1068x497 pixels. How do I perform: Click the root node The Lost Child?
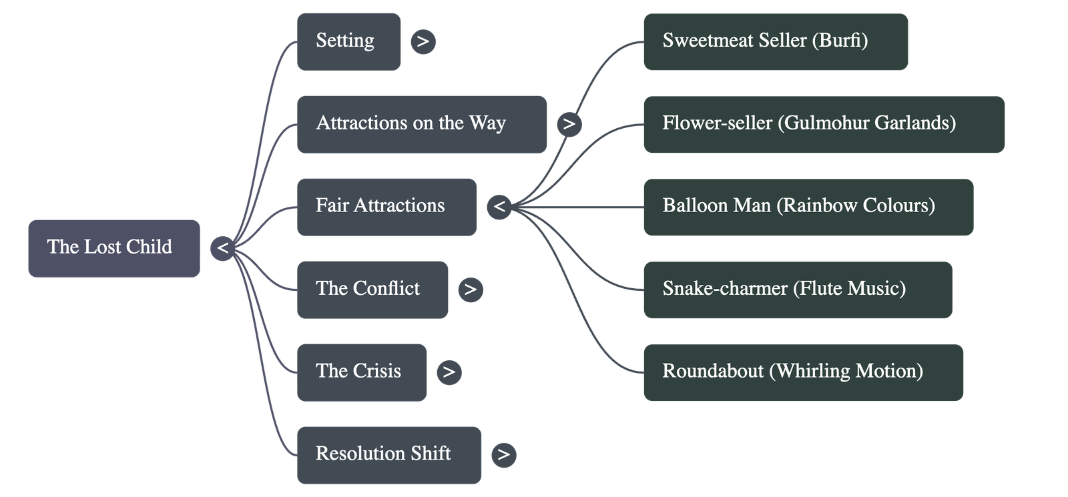(x=113, y=248)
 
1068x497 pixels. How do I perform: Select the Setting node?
(x=348, y=41)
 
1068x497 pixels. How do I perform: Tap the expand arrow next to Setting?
(x=423, y=41)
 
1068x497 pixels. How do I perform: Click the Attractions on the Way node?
(x=421, y=124)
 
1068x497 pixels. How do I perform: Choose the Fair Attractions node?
(x=386, y=206)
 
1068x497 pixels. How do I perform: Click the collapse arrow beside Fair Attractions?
(x=499, y=207)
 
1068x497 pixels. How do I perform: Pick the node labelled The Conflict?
(x=372, y=289)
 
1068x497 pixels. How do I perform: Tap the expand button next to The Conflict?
(x=471, y=289)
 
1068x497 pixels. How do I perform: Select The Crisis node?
(x=361, y=372)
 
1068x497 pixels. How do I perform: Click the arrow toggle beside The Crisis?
(x=449, y=372)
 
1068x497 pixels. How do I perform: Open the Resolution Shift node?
(x=388, y=454)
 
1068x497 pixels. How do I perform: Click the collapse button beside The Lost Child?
(x=222, y=248)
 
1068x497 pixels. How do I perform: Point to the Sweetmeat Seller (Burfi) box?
(x=776, y=41)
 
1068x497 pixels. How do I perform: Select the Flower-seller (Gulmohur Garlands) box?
(x=824, y=124)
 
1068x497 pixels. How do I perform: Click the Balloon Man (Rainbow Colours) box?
(x=808, y=206)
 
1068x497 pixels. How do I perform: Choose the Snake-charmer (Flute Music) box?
(x=798, y=289)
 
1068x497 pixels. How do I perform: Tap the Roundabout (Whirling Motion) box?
(x=803, y=372)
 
